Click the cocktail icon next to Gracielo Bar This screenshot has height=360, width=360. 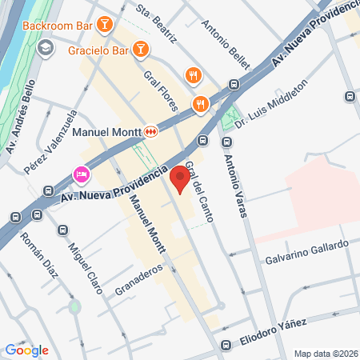pos(141,50)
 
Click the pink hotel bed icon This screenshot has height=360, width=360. pos(81,174)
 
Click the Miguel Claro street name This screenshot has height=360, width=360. pos(85,267)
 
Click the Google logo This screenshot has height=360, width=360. pos(26,350)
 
